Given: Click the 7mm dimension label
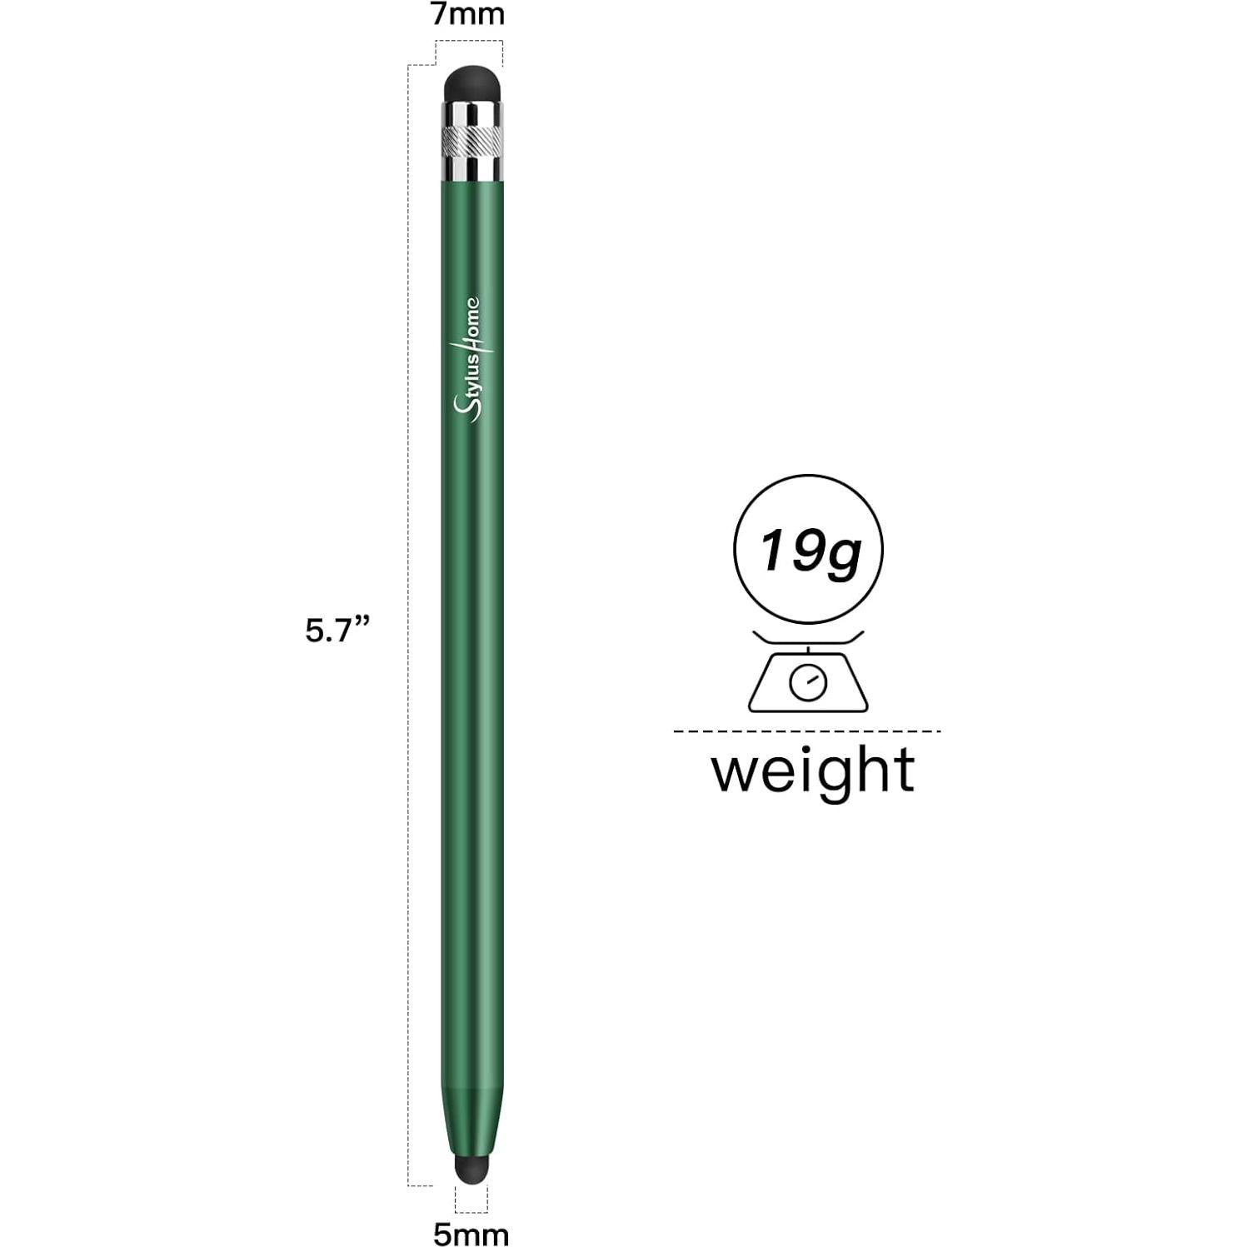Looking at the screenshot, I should pyautogui.click(x=467, y=15).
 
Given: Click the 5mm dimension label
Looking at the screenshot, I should pyautogui.click(x=471, y=1234).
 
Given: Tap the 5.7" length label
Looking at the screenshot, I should pyautogui.click(x=337, y=631).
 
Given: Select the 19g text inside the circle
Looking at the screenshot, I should pyautogui.click(x=808, y=551).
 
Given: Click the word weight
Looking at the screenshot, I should pyautogui.click(x=812, y=770).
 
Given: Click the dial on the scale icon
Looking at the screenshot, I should pyautogui.click(x=808, y=683).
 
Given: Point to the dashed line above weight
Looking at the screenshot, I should pyautogui.click(x=806, y=731).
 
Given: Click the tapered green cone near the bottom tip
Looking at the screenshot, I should pyautogui.click(x=471, y=1120).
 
